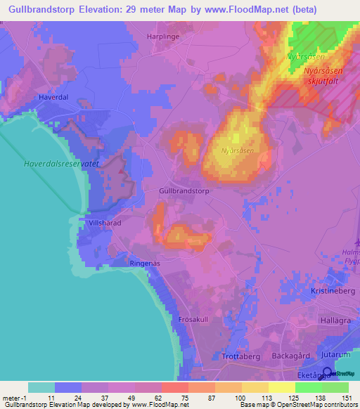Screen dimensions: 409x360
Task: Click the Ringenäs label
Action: [x=146, y=263]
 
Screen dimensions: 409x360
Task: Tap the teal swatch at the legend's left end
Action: [x=41, y=387]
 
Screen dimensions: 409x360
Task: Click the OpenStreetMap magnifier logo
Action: [x=328, y=373]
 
